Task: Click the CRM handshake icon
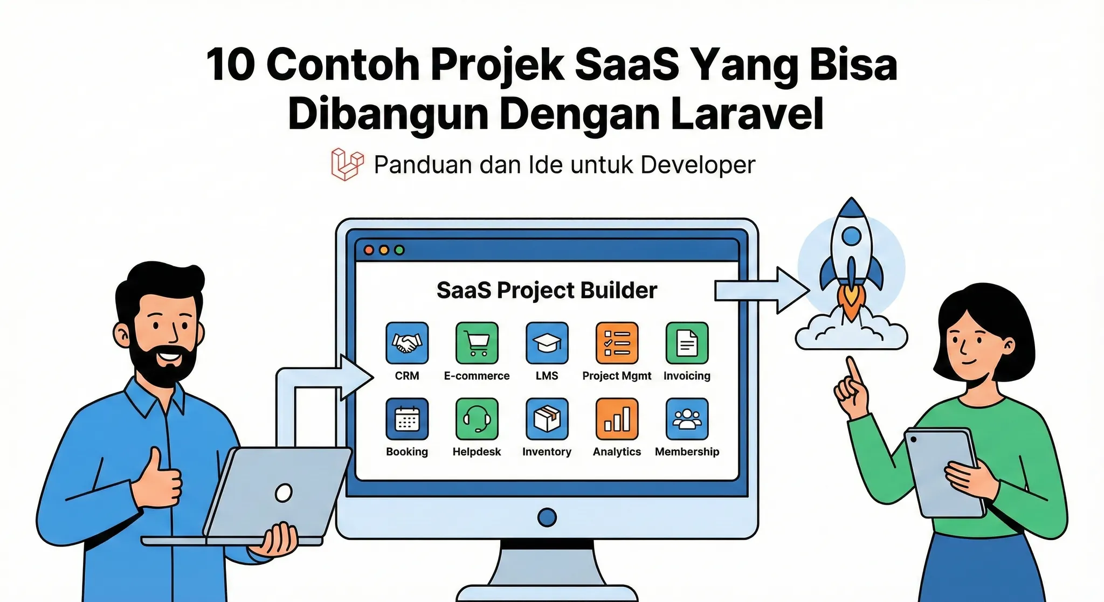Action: click(x=407, y=343)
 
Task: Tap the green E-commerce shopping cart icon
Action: click(x=477, y=343)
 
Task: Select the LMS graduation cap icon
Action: click(x=547, y=343)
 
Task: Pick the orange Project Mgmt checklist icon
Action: click(x=617, y=343)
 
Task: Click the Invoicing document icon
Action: click(x=687, y=343)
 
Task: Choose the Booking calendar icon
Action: click(x=407, y=419)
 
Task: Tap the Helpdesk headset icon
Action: click(x=477, y=419)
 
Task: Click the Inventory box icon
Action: click(x=547, y=419)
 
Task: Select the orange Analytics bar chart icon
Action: click(x=617, y=419)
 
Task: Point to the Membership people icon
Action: click(x=687, y=419)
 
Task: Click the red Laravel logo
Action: click(x=347, y=164)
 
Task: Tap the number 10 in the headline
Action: click(x=230, y=65)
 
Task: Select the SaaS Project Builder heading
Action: click(x=547, y=290)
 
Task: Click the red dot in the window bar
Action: click(x=369, y=250)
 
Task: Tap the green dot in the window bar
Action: click(x=399, y=250)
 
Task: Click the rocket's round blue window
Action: click(x=851, y=236)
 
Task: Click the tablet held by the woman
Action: click(x=943, y=472)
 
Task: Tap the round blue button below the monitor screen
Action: click(x=547, y=517)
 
